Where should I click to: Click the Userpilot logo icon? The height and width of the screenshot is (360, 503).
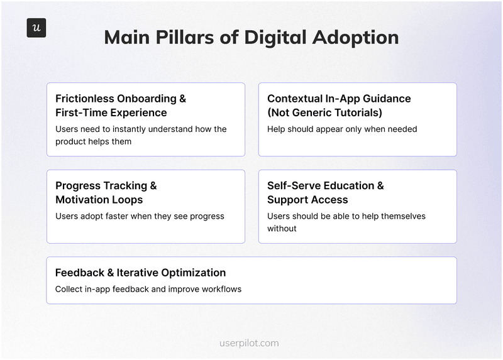point(36,28)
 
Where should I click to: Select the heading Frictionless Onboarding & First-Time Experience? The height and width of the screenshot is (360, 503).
point(121,106)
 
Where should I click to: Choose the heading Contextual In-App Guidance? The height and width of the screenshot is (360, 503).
point(339,99)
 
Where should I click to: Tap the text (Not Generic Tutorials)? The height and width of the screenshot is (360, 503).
point(324,113)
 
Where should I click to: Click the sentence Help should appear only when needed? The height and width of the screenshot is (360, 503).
point(342,129)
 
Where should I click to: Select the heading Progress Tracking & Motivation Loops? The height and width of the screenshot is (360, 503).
point(106,192)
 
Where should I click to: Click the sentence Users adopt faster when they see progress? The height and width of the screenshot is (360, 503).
point(140,216)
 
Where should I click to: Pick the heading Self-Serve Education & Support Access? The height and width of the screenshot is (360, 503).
point(325,192)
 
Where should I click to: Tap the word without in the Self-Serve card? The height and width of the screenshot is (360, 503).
point(282,229)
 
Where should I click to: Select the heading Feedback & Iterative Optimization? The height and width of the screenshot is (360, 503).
point(140,273)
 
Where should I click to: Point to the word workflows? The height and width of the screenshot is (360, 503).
point(221,290)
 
